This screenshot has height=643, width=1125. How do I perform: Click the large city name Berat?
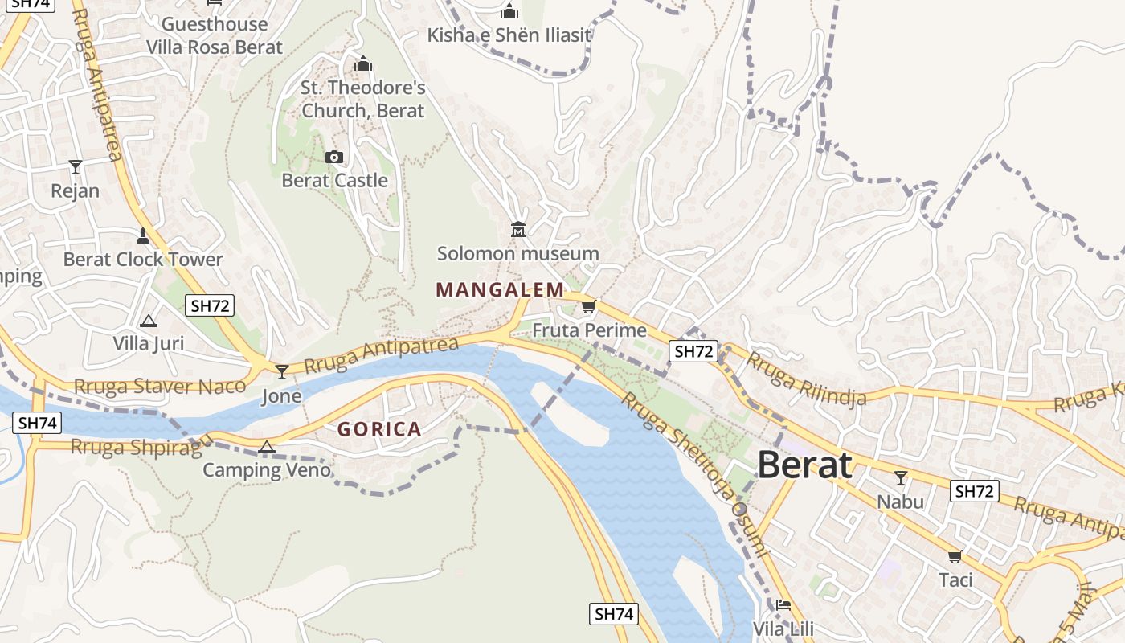click(804, 465)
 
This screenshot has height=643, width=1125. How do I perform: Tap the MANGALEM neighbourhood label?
click(500, 289)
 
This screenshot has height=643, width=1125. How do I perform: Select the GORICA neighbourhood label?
click(379, 429)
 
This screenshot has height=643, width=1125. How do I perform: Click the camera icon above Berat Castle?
click(334, 157)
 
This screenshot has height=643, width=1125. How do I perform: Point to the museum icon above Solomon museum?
click(518, 230)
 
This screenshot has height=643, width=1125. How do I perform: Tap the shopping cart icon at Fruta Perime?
click(589, 306)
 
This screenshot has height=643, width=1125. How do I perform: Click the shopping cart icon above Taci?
click(955, 556)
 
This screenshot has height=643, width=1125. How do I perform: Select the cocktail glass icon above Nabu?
click(900, 478)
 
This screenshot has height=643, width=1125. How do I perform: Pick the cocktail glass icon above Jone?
click(281, 371)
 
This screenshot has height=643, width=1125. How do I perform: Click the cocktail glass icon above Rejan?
click(76, 167)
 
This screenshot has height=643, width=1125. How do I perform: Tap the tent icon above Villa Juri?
click(148, 321)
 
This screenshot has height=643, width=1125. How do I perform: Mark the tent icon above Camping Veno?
click(267, 447)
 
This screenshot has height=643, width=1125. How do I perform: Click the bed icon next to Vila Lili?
click(783, 604)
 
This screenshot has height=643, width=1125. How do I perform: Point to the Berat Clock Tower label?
click(143, 259)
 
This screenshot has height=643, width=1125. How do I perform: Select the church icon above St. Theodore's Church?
click(363, 63)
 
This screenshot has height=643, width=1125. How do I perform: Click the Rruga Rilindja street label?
click(806, 378)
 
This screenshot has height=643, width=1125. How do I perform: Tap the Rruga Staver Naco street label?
click(159, 387)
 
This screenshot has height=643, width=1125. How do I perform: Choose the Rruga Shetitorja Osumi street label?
click(696, 474)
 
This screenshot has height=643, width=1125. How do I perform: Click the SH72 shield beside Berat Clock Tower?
click(211, 305)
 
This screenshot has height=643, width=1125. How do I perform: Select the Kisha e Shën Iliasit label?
click(509, 35)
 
